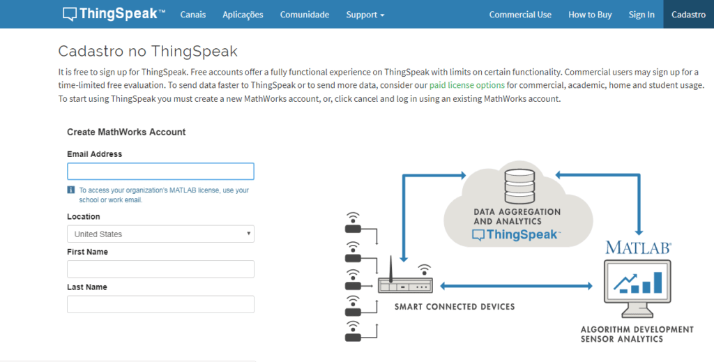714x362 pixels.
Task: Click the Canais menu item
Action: coord(193,15)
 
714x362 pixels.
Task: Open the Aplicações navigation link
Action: coord(243,15)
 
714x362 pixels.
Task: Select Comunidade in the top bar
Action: coord(305,15)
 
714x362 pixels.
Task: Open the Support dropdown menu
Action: coord(365,15)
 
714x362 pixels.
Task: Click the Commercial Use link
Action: coord(520,15)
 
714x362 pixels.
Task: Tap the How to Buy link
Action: coord(590,15)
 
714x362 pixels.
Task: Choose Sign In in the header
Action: coord(641,15)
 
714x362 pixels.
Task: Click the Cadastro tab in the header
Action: coord(688,15)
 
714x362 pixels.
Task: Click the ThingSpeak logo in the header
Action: coord(114,14)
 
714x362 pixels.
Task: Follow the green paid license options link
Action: coord(466,85)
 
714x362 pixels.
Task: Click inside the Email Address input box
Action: coord(160,171)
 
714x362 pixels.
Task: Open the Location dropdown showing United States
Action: coord(160,234)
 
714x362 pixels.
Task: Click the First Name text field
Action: coord(160,269)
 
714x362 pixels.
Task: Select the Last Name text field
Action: coord(160,304)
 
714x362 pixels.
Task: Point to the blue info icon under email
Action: coord(71,190)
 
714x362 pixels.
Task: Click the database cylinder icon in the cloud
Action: coord(519,186)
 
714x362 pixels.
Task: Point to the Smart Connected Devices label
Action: coord(455,307)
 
